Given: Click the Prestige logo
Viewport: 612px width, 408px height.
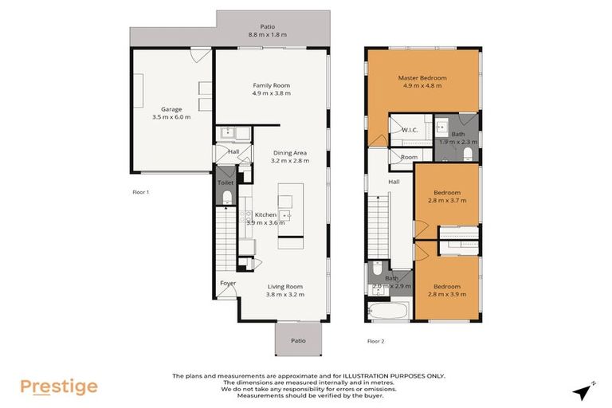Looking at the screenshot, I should (x=59, y=386).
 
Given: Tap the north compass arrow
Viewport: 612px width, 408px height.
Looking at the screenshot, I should (x=585, y=390).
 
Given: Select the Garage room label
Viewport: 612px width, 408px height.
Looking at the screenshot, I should (x=171, y=109).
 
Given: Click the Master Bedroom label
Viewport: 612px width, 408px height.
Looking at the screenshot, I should (x=422, y=78).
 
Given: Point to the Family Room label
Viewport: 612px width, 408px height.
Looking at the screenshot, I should (x=271, y=85).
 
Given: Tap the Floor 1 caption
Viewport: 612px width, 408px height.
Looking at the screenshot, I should (x=140, y=192).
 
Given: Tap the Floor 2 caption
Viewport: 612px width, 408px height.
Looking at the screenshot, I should (x=375, y=340).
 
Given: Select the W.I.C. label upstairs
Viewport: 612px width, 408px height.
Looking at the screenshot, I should (x=410, y=130).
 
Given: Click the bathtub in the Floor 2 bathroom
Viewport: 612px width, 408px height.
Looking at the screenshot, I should (x=390, y=309).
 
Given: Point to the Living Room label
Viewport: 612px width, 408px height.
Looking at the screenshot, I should (x=284, y=287).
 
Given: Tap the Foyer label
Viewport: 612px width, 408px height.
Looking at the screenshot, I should (x=228, y=283).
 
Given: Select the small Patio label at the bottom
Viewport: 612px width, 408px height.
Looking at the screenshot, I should (x=297, y=340).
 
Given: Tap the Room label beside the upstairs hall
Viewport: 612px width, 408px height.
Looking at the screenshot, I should (x=409, y=157).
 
